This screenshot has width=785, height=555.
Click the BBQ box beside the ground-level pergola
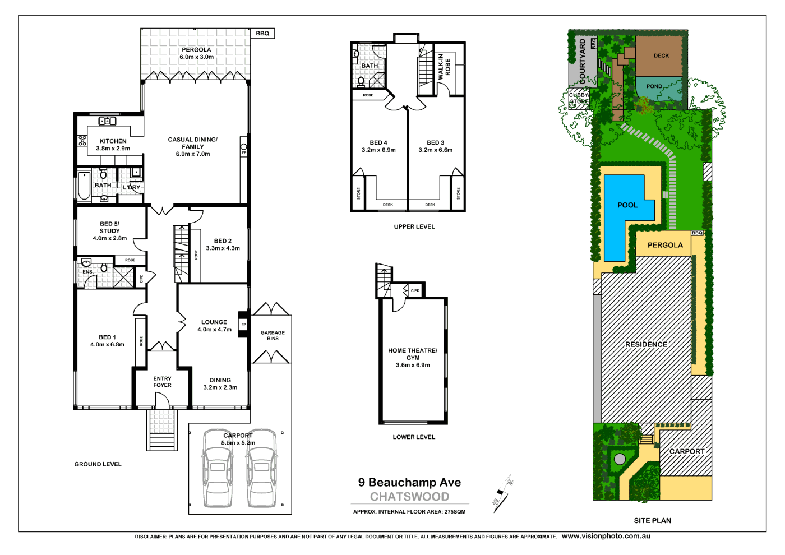click(x=262, y=34)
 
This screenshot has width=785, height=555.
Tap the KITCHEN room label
click(x=113, y=141)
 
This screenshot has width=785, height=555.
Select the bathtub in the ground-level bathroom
click(x=84, y=186)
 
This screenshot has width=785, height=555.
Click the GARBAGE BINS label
click(x=273, y=336)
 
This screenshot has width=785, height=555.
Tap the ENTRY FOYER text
click(x=162, y=382)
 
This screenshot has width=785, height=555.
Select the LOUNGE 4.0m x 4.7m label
click(x=214, y=326)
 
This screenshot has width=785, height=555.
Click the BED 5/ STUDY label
click(x=109, y=228)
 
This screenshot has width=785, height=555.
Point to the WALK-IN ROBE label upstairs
click(x=444, y=67)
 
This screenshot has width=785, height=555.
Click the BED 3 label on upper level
click(x=435, y=143)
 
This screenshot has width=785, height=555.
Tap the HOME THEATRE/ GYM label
click(x=413, y=354)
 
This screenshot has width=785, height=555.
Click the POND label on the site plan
click(x=654, y=86)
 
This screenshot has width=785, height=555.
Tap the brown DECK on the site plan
click(x=661, y=55)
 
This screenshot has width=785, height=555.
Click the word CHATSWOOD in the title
click(x=409, y=497)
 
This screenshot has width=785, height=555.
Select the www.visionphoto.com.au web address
click(x=606, y=536)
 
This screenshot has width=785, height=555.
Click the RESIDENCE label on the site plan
click(x=646, y=344)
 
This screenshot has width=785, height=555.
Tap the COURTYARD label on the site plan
click(x=582, y=62)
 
